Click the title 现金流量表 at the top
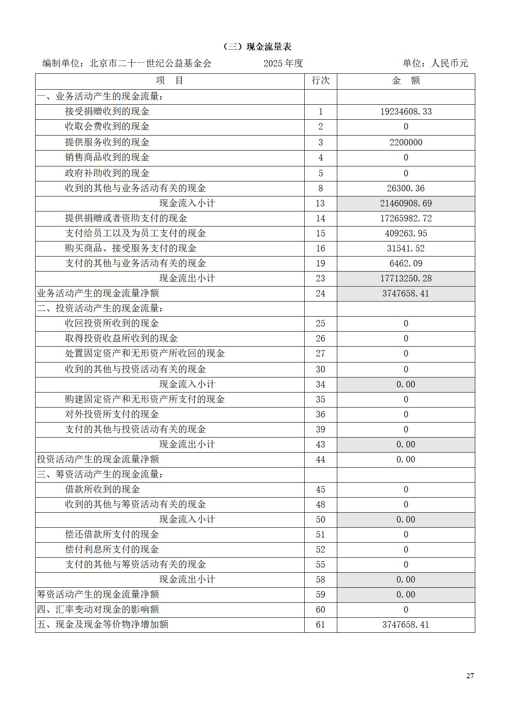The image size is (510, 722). point(258,47)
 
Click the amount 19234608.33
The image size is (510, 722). point(406,112)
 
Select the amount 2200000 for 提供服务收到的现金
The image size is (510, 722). point(406,142)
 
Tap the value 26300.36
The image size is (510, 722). point(406,188)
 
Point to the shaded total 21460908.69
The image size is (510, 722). point(406,203)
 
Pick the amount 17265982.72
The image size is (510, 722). point(406,218)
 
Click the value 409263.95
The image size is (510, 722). point(406,233)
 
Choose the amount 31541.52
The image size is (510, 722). point(406,248)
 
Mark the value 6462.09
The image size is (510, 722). point(406,263)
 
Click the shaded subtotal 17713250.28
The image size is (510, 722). point(406,278)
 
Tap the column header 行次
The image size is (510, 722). point(321,81)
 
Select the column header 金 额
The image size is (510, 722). point(406,81)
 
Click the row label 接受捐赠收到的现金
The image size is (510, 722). point(107,112)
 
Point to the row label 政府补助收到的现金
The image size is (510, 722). point(107,173)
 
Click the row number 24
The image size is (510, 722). point(321,293)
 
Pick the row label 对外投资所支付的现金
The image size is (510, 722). point(112,414)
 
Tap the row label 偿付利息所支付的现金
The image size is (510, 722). point(112,550)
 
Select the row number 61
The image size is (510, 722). point(321,625)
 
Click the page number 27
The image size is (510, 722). point(470,676)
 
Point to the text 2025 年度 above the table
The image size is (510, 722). point(283,63)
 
